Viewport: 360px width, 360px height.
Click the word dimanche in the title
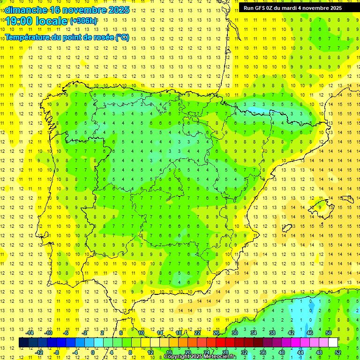pos(24,9)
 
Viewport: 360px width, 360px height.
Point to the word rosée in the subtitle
pos(102,37)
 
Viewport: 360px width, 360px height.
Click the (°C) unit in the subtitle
pos(122,37)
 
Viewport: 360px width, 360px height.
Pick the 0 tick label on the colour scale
pos(92,352)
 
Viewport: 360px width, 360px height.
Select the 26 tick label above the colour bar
pos(216,333)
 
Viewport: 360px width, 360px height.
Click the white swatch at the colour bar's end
pos(333,343)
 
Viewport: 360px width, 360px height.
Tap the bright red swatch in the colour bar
pos(220,343)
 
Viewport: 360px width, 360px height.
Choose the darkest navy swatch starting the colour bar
pos(23,343)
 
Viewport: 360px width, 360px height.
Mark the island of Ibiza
pos(286,229)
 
